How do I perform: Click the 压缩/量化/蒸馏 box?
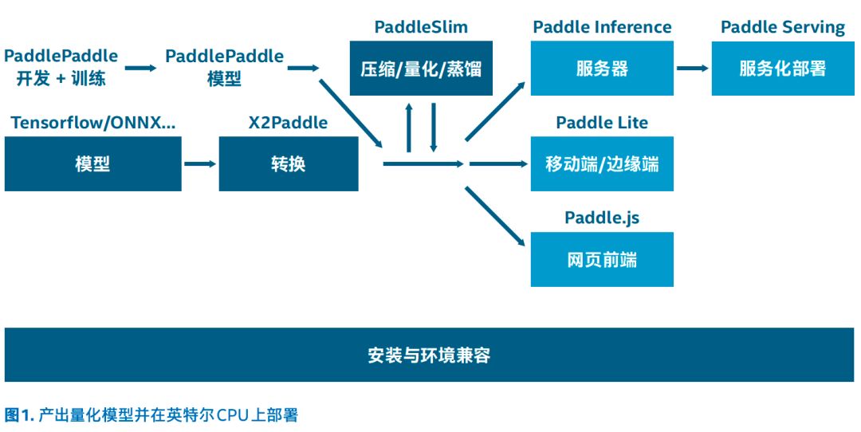[421, 69]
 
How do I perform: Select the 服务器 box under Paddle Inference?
[602, 69]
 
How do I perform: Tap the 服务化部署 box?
[782, 69]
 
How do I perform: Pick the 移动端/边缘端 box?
[602, 164]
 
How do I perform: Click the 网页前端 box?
[602, 260]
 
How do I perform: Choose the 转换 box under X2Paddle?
[288, 164]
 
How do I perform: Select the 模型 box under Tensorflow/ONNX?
[92, 164]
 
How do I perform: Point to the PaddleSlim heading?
[421, 27]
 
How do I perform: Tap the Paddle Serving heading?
[782, 27]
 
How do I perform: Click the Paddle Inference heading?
[602, 27]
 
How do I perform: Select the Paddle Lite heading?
[602, 123]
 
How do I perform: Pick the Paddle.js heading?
[602, 218]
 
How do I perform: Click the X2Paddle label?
[288, 123]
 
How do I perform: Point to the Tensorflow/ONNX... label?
[92, 123]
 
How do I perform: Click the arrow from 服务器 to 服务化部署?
[692, 69]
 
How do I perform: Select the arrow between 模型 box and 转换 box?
[200, 164]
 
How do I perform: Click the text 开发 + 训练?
[61, 79]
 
